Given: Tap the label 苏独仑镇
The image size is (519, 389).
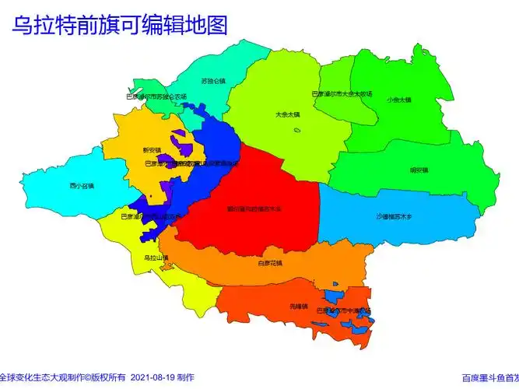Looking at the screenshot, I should [x=212, y=80].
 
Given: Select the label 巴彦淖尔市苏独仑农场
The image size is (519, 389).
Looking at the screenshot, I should [x=156, y=96].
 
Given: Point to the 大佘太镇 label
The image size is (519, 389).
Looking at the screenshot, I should [x=287, y=114].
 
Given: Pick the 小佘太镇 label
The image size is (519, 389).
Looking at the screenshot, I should [x=398, y=100].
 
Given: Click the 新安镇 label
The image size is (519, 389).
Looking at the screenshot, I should [x=152, y=149].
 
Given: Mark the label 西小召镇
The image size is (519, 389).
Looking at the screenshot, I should [x=81, y=186].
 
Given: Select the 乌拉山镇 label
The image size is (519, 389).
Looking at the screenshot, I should [x=156, y=258].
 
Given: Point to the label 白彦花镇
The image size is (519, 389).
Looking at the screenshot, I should [x=270, y=263].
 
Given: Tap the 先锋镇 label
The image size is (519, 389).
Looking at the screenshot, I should [x=299, y=306].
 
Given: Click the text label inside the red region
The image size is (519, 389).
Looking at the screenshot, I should [x=254, y=209].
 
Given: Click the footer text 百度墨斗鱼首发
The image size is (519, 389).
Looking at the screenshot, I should [x=489, y=378].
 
